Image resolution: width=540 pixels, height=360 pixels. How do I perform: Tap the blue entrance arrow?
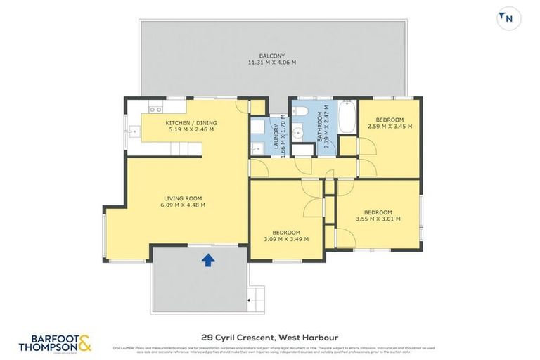(x=208, y=261)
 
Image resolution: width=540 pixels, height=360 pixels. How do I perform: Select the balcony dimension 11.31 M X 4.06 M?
(x=271, y=63)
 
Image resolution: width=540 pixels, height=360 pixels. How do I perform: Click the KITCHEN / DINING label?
(x=189, y=123)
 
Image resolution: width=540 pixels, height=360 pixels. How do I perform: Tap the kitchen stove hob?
(x=155, y=109)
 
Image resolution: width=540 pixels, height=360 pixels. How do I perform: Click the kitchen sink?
(x=134, y=130)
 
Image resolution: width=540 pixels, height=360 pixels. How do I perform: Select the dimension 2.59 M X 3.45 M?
(x=390, y=127)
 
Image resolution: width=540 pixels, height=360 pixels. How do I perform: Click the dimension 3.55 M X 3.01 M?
(x=378, y=219)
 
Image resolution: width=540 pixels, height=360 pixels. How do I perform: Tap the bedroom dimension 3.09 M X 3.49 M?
(x=286, y=239)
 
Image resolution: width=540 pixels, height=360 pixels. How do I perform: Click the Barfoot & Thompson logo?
(x=56, y=342)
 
